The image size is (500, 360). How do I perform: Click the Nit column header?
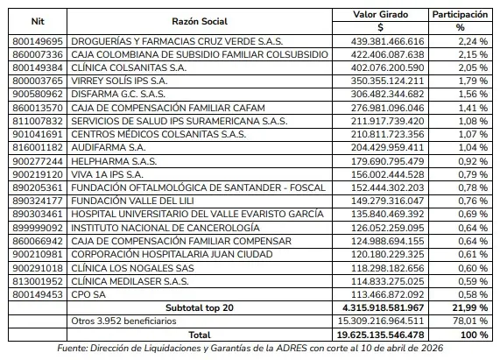[x=36, y=21]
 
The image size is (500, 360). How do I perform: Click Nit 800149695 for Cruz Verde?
[x=36, y=41]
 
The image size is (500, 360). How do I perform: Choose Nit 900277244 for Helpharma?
[x=36, y=162]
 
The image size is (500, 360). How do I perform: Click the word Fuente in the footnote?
[x=73, y=349]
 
